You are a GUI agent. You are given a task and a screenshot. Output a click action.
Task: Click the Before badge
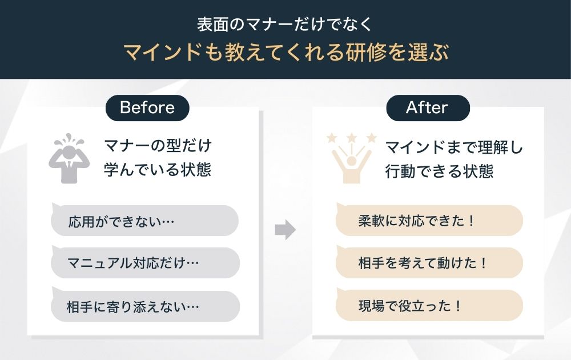click(x=147, y=107)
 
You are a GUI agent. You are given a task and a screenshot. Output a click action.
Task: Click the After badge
click(x=427, y=107)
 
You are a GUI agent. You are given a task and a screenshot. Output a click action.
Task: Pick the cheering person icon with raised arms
click(x=352, y=161)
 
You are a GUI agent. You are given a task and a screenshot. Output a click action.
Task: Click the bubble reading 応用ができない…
click(x=144, y=221)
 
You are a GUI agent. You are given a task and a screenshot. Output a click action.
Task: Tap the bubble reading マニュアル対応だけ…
click(x=144, y=263)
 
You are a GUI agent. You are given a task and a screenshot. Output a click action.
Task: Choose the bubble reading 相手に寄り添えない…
click(x=144, y=306)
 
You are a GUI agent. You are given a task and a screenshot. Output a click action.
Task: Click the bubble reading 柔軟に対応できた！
click(x=429, y=221)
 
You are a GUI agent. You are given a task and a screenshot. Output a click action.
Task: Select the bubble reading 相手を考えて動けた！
click(x=429, y=263)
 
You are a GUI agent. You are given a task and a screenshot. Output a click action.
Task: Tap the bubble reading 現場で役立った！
click(x=429, y=306)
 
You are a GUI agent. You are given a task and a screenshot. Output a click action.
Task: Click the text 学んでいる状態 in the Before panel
click(x=157, y=170)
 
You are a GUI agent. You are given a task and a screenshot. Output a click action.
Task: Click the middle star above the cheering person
click(x=352, y=137)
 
